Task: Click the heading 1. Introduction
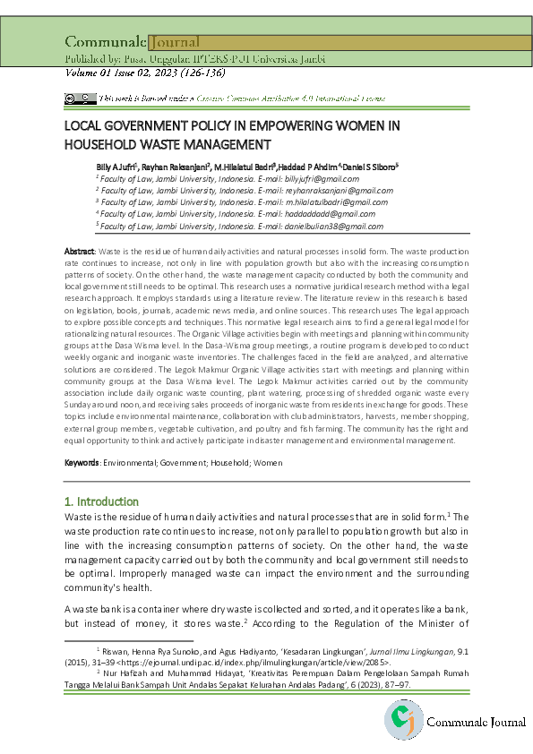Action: pos(102,501)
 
